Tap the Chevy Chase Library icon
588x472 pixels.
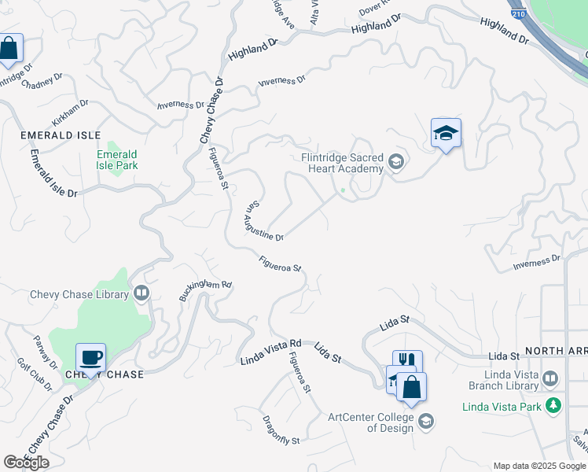pos(141,294)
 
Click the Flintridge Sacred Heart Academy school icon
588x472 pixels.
pos(395,163)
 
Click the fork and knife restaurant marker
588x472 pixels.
pos(407,361)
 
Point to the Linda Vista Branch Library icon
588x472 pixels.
pos(550,378)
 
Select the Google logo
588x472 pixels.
pos(27,462)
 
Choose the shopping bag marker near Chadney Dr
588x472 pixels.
pos(9,50)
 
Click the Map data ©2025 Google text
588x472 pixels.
pos(538,466)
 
